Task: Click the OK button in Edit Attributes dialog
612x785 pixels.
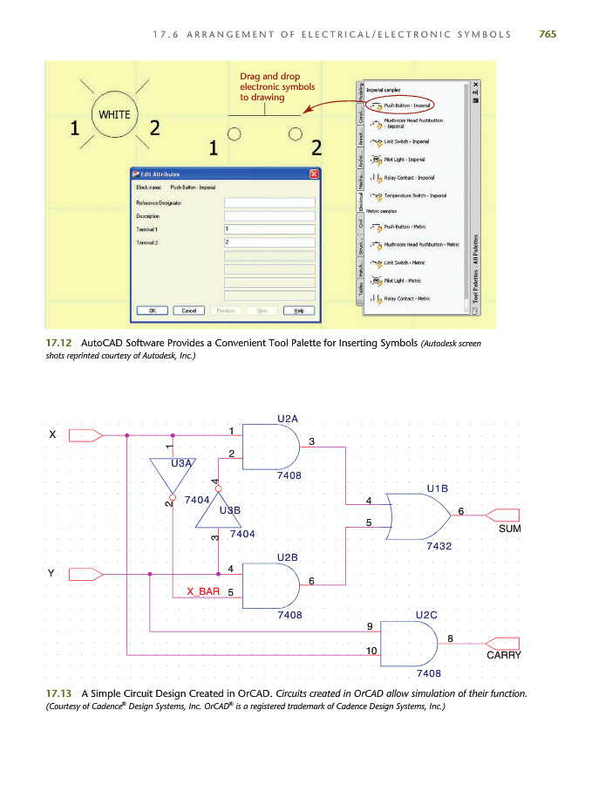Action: [x=152, y=311]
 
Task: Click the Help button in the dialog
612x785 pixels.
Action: [x=298, y=311]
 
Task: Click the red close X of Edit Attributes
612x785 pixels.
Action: [x=314, y=174]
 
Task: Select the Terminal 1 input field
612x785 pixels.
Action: [x=269, y=229]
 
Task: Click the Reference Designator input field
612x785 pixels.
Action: [x=269, y=202]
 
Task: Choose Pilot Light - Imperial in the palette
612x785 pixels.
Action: [x=405, y=160]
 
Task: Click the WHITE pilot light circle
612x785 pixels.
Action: [x=112, y=115]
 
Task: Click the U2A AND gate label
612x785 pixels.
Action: [x=289, y=418]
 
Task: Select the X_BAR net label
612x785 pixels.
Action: [x=203, y=591]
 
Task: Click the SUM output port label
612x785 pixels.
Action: [x=509, y=529]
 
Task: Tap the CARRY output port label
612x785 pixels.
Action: [x=504, y=654]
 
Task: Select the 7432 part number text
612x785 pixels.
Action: [x=439, y=547]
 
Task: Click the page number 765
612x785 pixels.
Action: [x=547, y=34]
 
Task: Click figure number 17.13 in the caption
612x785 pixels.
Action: [x=58, y=693]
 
